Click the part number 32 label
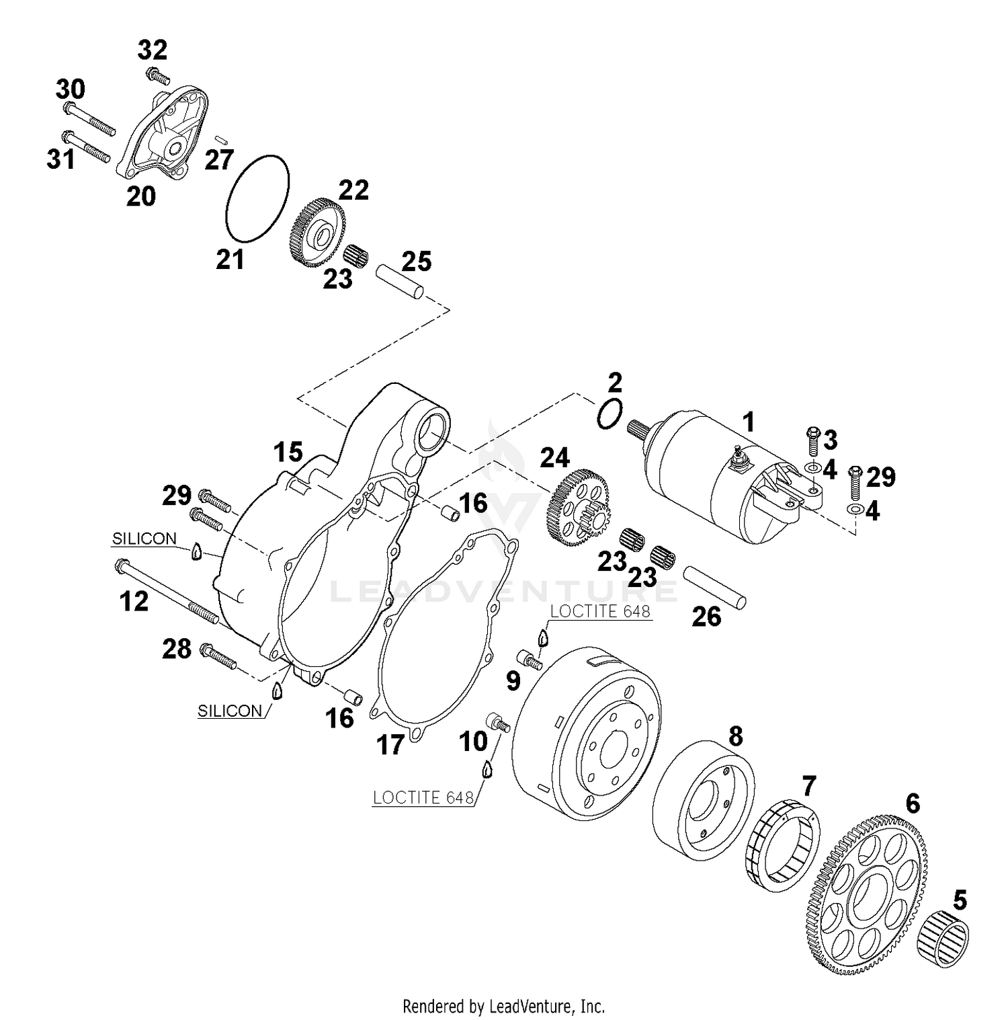tap(153, 50)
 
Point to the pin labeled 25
tap(400, 281)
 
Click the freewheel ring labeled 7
tap(782, 845)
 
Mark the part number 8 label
tap(736, 736)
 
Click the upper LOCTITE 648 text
tap(600, 611)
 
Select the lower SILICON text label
tap(230, 711)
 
